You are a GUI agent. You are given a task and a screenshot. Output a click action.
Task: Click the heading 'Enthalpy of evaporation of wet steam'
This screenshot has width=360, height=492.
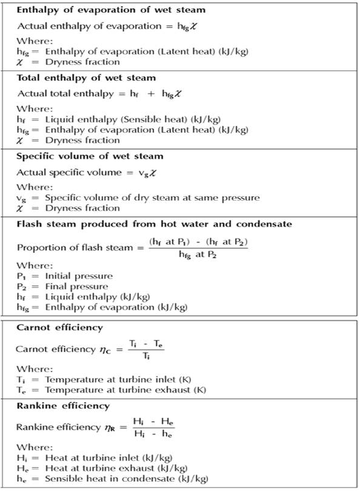(110, 10)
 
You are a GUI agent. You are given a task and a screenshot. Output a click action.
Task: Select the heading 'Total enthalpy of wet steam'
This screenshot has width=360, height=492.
(86, 78)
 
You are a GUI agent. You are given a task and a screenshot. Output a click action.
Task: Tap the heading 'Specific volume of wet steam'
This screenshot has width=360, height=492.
(90, 156)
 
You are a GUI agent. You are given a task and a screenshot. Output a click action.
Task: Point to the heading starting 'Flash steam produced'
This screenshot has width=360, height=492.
(155, 224)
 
